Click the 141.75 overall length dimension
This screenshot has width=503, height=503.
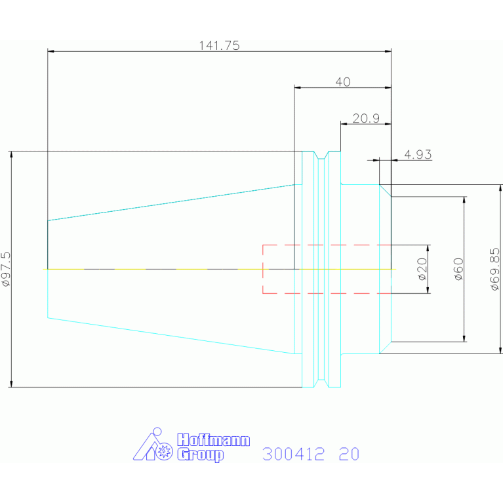coord(219,45)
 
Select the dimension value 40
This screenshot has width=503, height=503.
coord(343,82)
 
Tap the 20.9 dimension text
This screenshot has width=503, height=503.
coord(366,118)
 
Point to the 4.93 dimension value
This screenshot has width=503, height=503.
coord(418,155)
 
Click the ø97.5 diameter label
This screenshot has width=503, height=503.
coord(7,269)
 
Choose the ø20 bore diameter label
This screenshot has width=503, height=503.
coord(423,269)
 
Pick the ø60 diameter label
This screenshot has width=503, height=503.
coord(459,269)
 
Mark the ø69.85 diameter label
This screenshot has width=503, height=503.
coord(495,269)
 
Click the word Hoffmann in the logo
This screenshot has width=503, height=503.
coord(213,440)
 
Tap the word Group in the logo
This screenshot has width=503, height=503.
coord(201,455)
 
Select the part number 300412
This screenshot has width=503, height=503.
coord(294,454)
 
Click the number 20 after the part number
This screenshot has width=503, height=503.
coord(349,454)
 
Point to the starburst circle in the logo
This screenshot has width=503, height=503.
coord(164,451)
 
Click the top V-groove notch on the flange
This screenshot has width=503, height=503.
coord(321,155)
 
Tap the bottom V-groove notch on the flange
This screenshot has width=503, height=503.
coord(321,384)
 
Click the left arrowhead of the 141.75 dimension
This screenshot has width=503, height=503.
coord(50,51)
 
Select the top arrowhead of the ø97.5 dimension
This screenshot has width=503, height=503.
coord(12,154)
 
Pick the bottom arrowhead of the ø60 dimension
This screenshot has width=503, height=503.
coord(464,338)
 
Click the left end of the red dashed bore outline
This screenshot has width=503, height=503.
coord(263,269)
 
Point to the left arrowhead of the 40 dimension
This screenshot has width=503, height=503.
coord(297,87)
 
